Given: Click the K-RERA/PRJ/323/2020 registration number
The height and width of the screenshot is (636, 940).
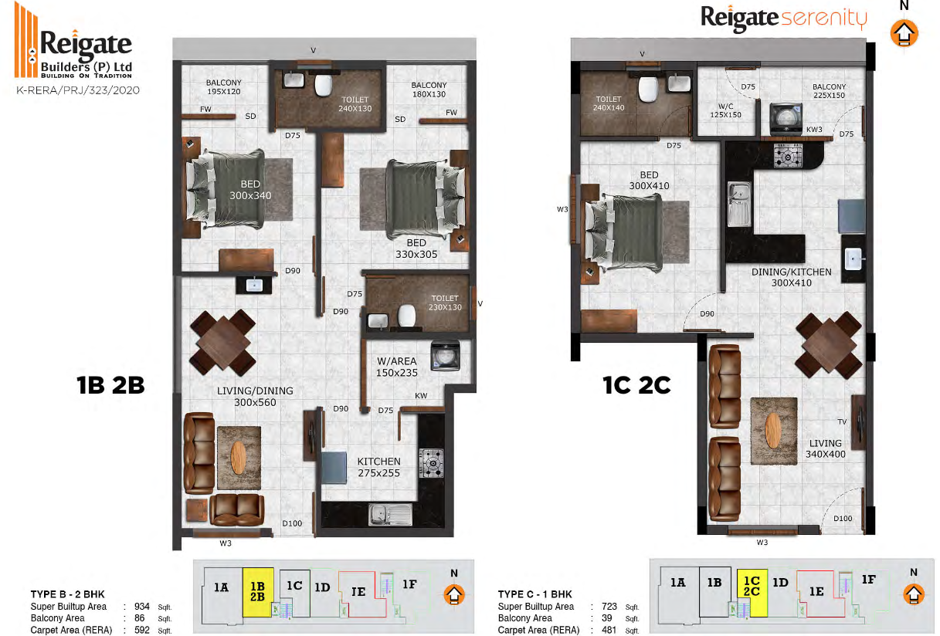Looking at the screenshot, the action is tap(78, 90).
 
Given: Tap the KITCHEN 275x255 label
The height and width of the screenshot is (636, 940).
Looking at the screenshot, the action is tap(378, 467).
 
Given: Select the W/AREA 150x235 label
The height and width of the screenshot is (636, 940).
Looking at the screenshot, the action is tap(396, 367).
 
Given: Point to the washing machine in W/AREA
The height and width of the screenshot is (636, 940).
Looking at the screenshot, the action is tap(445, 356).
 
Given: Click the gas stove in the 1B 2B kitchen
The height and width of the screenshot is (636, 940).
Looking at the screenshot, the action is tap(432, 463).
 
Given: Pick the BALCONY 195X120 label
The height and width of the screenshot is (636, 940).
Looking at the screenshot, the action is tap(224, 86).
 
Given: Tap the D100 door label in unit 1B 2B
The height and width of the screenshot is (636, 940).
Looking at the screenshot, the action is tap(292, 523).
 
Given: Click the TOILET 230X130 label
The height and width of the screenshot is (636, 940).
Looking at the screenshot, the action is tap(445, 303).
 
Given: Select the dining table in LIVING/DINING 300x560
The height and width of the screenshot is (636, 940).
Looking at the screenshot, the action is tap(222, 342).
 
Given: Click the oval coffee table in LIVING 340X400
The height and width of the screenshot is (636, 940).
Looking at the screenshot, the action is tap(773, 430).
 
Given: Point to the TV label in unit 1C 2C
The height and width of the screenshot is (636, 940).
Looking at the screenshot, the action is tap(842, 421).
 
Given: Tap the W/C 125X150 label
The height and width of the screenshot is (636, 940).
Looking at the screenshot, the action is tap(725, 110).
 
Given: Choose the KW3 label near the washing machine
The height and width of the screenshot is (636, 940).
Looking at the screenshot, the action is tap(814, 130).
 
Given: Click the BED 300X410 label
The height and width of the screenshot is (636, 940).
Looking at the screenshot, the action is tap(649, 181).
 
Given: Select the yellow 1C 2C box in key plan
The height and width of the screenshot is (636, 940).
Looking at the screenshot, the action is tap(752, 593).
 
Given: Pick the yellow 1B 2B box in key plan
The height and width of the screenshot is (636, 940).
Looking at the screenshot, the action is tap(258, 592).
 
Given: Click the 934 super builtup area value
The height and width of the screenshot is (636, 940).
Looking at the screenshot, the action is tap(142, 606).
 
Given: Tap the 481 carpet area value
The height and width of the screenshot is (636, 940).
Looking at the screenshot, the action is tap(609, 630).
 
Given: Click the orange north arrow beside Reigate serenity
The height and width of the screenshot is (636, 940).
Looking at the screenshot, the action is tap(904, 33).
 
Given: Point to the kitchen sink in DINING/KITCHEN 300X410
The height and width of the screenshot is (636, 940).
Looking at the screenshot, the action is tap(739, 204).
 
